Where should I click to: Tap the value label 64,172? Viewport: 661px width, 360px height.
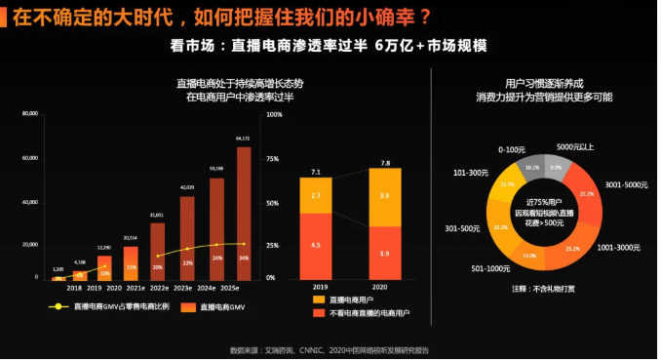point(244,140)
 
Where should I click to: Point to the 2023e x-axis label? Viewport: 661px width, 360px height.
point(186,287)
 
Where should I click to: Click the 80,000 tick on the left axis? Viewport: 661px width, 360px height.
point(29,114)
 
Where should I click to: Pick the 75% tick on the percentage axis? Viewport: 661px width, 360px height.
point(273,158)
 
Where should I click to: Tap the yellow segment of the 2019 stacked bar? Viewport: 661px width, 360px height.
point(316,195)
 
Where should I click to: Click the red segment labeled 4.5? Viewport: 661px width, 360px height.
point(316,246)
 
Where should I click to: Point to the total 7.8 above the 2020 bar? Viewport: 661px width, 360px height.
point(385,163)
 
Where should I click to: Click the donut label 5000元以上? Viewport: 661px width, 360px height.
point(575,146)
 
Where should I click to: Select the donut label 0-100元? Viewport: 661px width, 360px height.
point(512,149)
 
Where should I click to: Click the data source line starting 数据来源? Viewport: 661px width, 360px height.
point(329,348)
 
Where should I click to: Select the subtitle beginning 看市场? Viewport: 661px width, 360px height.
point(329,46)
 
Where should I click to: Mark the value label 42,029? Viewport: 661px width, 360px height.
point(186,186)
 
